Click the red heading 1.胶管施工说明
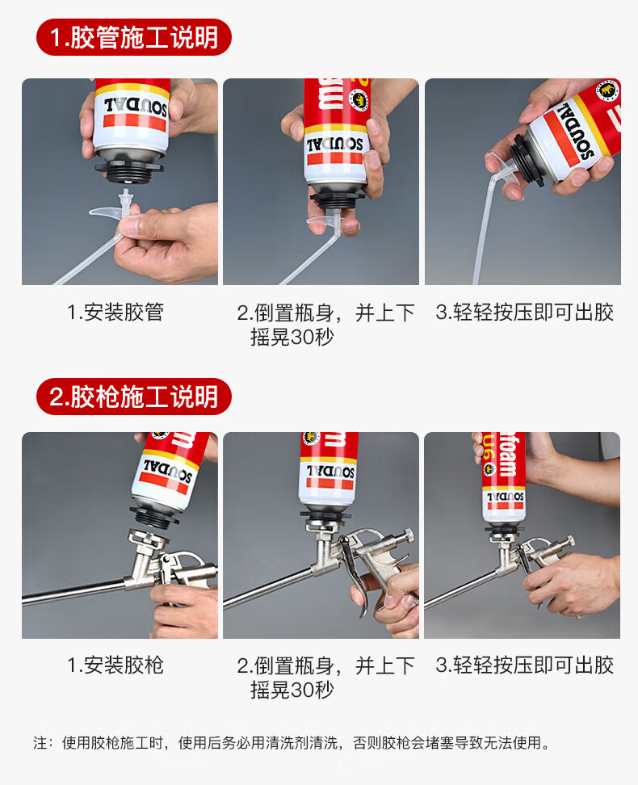(x=134, y=37)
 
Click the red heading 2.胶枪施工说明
(x=134, y=397)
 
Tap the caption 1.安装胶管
(x=115, y=313)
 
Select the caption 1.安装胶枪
(x=115, y=665)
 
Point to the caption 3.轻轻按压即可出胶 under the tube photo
(x=524, y=313)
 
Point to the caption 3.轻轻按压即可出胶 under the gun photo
(x=524, y=665)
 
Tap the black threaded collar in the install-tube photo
(x=129, y=172)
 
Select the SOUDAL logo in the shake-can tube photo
(x=334, y=145)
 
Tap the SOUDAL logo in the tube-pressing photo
(x=578, y=131)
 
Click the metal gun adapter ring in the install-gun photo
(x=148, y=539)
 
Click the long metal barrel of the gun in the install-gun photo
(x=75, y=591)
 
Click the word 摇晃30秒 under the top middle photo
(x=292, y=337)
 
